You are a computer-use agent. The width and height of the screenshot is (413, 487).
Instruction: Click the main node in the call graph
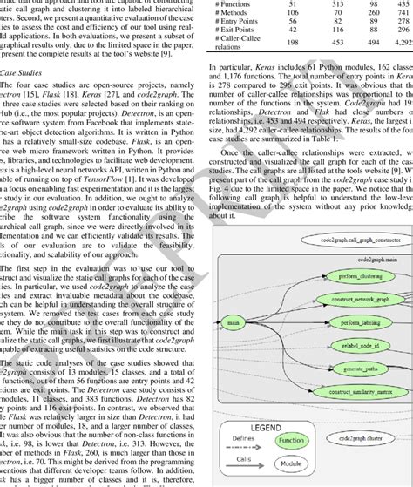[232, 323]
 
